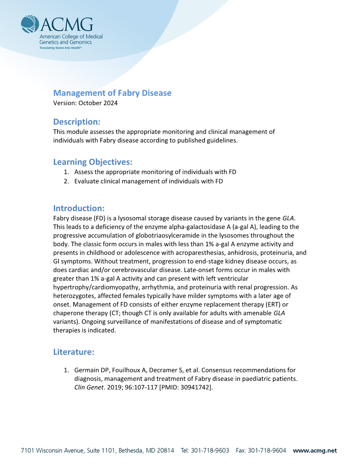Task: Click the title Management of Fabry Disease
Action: pos(112,93)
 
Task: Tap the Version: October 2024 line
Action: pos(85,103)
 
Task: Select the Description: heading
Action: pos(77,121)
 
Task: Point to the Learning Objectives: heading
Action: pos(93,162)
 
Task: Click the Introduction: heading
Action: pos(79,208)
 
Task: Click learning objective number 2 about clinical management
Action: pos(148,181)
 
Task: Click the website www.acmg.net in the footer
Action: pos(315,451)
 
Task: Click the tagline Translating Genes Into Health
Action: pos(60,47)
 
